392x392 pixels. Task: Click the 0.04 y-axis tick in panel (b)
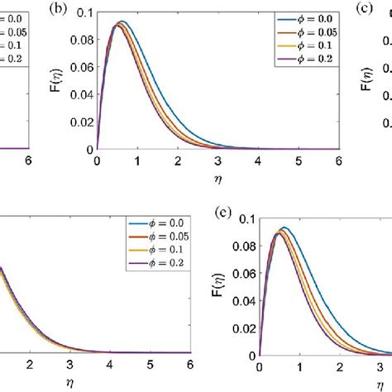83,93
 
